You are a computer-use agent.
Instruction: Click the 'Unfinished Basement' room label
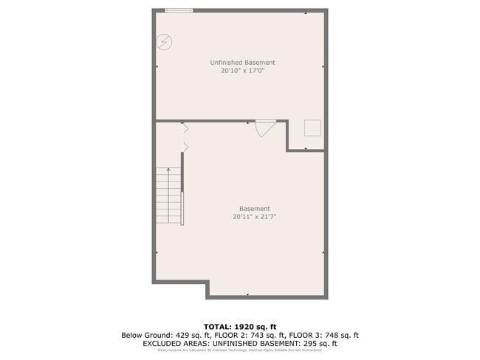(x=242, y=63)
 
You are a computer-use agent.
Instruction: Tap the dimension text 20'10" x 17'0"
(x=242, y=72)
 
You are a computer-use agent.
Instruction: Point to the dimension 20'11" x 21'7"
(x=254, y=217)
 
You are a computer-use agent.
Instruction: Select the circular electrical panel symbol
(x=163, y=42)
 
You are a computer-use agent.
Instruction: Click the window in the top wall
(x=179, y=10)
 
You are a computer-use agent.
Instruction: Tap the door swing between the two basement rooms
(x=264, y=128)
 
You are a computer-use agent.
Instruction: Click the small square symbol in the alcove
(x=313, y=128)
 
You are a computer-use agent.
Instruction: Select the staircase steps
(x=168, y=195)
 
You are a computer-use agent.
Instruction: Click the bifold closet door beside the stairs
(x=185, y=138)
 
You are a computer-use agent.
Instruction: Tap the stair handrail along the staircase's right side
(x=182, y=207)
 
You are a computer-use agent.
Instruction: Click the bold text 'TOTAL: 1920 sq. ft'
(x=240, y=326)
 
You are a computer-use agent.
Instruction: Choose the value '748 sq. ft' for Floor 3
(x=340, y=335)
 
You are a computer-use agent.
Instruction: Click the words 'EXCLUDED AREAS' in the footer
(x=174, y=343)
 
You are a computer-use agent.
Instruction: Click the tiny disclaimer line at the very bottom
(x=240, y=350)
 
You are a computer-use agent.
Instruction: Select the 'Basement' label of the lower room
(x=254, y=208)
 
